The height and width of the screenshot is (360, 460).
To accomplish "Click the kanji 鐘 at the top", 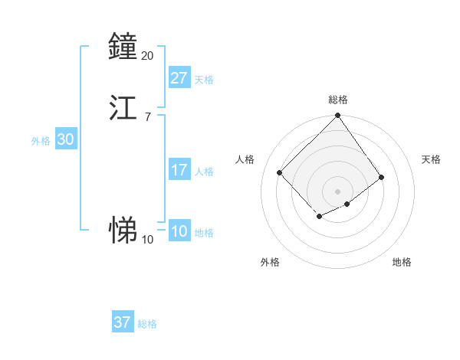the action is (123, 47).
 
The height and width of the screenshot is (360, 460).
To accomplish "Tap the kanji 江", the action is (123, 107).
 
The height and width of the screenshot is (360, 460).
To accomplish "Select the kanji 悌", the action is (123, 229).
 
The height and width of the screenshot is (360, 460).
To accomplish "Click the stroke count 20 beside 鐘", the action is (147, 56).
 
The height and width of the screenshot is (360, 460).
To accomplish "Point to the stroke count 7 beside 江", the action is (147, 116).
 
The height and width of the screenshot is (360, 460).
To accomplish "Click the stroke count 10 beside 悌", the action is (147, 239).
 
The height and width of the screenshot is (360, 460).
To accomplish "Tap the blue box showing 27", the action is (179, 78).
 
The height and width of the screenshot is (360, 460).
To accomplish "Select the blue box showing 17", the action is (179, 170).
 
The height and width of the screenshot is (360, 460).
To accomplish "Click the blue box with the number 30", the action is (66, 139).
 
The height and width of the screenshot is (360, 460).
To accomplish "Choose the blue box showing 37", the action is (123, 322).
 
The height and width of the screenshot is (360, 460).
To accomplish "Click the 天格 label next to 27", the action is (204, 80).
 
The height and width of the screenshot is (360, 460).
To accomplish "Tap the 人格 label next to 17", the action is (204, 172).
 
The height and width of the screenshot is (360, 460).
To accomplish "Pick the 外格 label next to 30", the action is (41, 141).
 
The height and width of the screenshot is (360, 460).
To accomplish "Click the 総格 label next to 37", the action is (147, 324).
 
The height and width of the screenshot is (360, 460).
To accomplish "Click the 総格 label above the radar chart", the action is (337, 100).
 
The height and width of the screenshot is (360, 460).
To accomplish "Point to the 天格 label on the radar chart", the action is (431, 159).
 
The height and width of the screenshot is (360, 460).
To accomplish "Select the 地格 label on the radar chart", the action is (402, 262).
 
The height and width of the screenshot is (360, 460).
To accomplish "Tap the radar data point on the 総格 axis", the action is (337, 116).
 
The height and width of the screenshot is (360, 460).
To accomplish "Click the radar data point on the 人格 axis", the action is (280, 172).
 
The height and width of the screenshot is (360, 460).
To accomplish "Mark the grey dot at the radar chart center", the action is (337, 191).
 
